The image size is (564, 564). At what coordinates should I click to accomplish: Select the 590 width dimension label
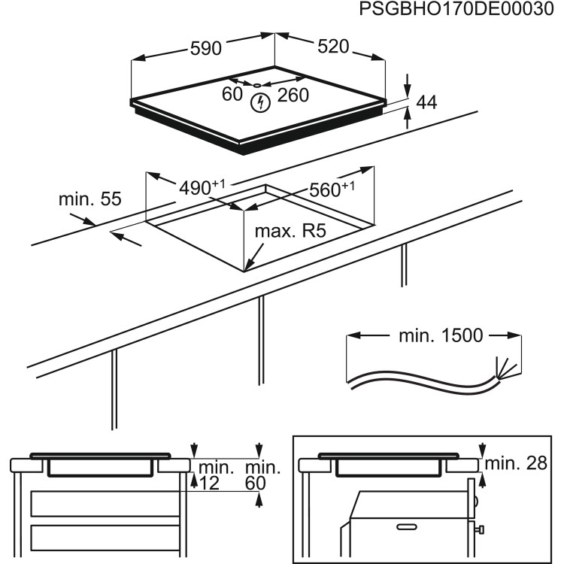205,48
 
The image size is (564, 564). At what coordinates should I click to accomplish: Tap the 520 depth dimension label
333,47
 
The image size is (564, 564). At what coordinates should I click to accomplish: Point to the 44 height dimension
426,103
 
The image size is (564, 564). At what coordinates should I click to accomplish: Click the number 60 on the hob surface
232,95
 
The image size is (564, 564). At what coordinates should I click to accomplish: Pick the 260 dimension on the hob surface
293,95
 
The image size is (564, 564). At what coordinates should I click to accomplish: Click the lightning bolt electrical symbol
260,103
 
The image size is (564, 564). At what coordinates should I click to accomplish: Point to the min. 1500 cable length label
441,335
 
